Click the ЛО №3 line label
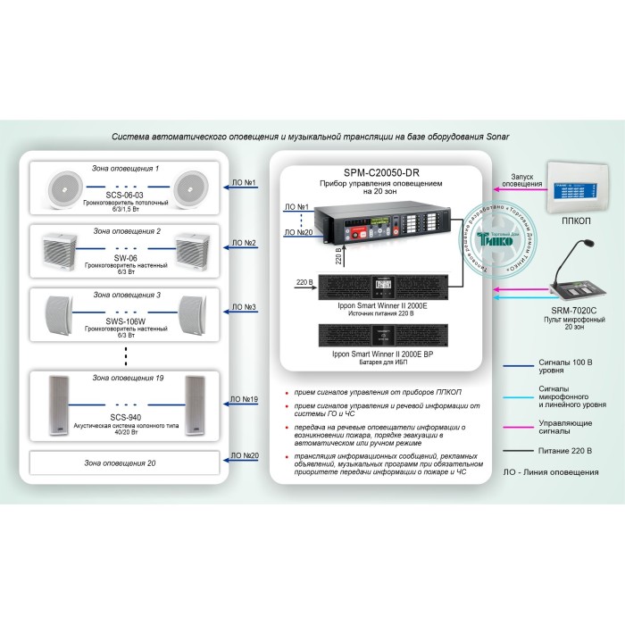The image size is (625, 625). (x=244, y=307)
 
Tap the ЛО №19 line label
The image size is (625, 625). (x=244, y=399)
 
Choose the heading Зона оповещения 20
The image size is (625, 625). (x=126, y=463)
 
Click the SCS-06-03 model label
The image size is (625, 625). (x=126, y=194)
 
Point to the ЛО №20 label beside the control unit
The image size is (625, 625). (x=296, y=232)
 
